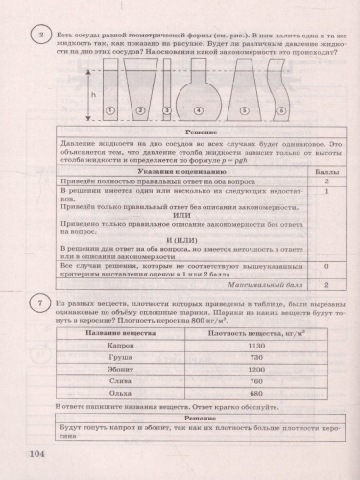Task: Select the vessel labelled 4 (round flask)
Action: [x=199, y=92]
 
